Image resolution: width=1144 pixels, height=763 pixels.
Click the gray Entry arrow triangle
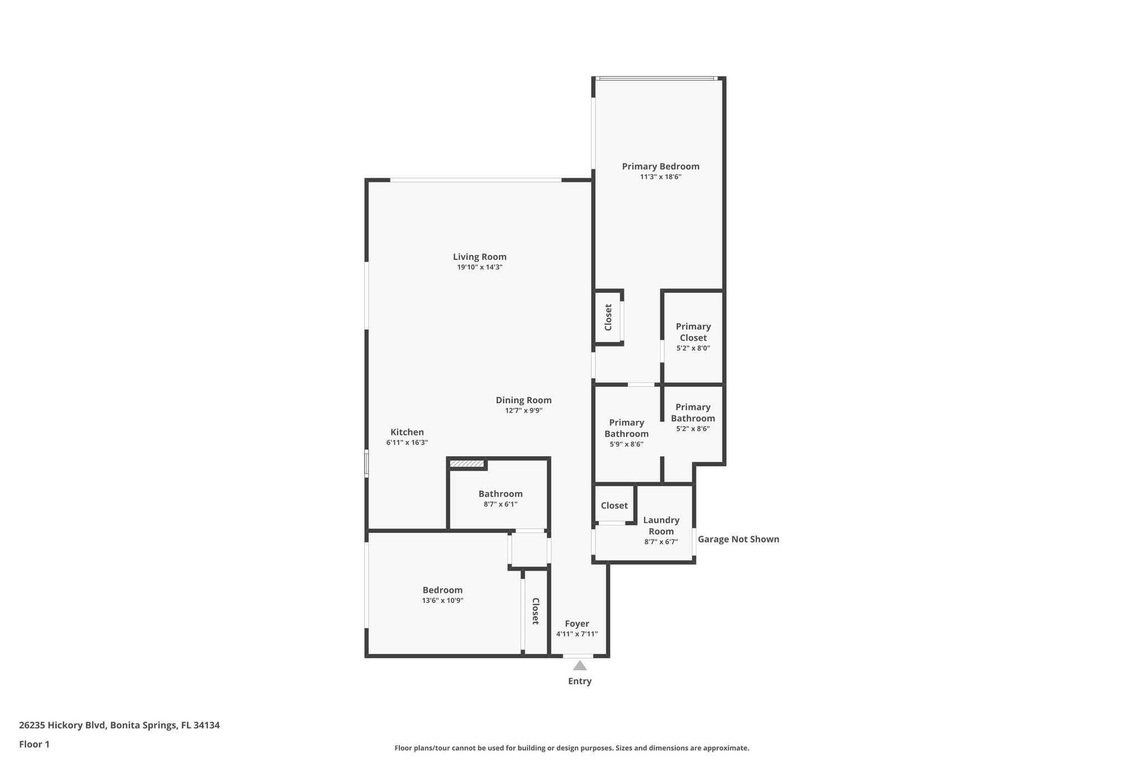click(580, 666)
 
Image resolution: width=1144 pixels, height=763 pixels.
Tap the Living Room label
click(479, 257)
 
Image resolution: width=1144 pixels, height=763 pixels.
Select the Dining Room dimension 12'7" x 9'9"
click(523, 411)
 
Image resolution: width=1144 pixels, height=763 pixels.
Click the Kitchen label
click(407, 432)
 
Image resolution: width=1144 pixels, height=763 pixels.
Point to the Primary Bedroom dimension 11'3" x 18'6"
click(660, 177)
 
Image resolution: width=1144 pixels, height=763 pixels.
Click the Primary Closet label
click(693, 332)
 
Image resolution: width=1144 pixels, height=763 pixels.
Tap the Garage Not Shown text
click(738, 539)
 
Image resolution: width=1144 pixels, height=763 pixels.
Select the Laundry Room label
click(661, 526)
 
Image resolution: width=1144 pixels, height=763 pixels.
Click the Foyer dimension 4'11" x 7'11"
click(576, 634)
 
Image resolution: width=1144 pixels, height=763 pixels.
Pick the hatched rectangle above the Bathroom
click(466, 464)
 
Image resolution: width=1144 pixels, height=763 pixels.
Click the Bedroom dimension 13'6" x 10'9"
click(442, 601)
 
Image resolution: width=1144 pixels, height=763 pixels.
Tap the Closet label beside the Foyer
click(535, 611)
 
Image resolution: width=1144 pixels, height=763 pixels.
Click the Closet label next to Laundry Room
click(614, 505)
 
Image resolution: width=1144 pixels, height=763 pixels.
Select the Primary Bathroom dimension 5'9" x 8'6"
click(626, 445)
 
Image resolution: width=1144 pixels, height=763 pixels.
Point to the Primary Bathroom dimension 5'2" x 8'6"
click(693, 429)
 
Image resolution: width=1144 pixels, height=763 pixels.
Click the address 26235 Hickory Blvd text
click(119, 726)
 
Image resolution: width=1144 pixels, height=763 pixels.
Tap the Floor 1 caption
click(34, 745)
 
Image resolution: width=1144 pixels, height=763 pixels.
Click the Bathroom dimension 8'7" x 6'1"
click(500, 505)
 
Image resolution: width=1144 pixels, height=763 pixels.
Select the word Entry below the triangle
click(579, 681)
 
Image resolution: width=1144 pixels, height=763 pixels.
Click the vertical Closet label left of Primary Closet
click(608, 317)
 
